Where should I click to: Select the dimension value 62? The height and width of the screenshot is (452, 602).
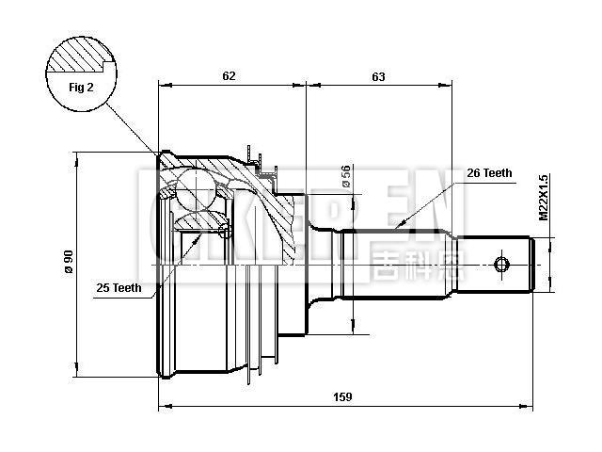pos(230,74)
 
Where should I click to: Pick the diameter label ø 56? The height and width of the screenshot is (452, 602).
pos(347,176)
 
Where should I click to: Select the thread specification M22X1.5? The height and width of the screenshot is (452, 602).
pos(543,196)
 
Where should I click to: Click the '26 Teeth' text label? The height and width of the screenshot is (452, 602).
pos(489,172)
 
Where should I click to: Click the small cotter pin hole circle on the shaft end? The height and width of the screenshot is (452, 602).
pos(501,263)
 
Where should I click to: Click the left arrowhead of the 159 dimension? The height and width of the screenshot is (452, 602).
pos(164,408)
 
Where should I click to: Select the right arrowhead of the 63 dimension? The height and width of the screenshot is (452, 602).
pos(449,85)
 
